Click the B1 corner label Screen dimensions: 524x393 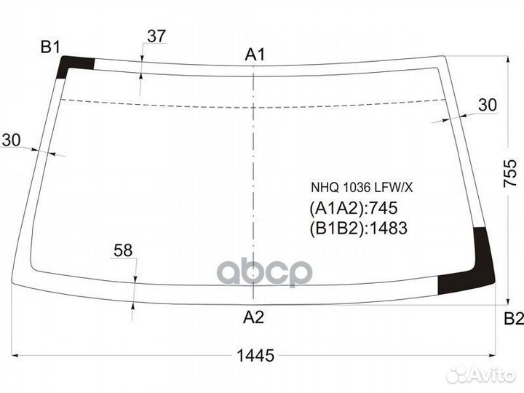[x=50, y=47]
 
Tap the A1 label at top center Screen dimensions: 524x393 [x=255, y=55]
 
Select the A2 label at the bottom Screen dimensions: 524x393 [x=253, y=317]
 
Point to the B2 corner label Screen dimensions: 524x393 [x=514, y=319]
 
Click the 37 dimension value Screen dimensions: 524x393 [x=156, y=36]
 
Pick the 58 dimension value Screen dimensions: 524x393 [x=123, y=250]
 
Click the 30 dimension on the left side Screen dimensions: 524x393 [x=11, y=140]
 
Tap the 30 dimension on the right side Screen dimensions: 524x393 [x=488, y=105]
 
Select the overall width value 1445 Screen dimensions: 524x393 [x=255, y=355]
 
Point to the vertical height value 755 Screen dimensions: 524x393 [x=510, y=172]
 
